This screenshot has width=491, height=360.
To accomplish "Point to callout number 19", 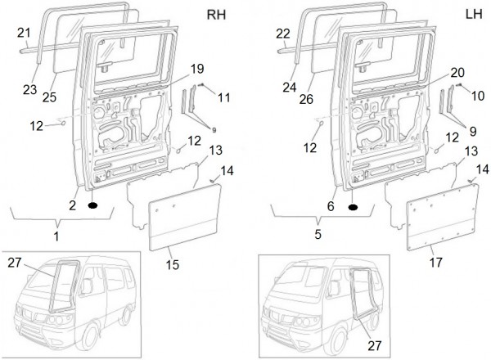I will [x=196, y=67].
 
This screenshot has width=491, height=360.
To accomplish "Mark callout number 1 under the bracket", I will [x=56, y=237].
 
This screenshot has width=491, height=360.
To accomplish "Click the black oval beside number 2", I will [x=92, y=205].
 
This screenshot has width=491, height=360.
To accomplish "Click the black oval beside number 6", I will [x=353, y=207].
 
